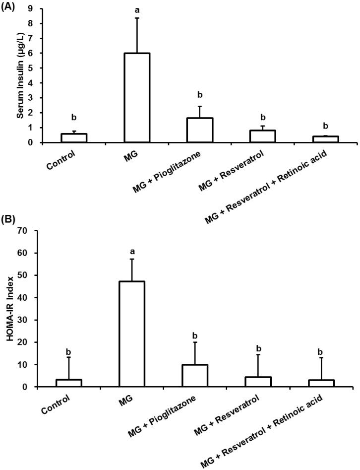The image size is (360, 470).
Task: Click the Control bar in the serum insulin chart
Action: [74, 138]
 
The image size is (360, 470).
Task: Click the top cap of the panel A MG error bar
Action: [137, 18]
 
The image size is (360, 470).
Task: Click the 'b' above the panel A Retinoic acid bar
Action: [325, 126]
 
